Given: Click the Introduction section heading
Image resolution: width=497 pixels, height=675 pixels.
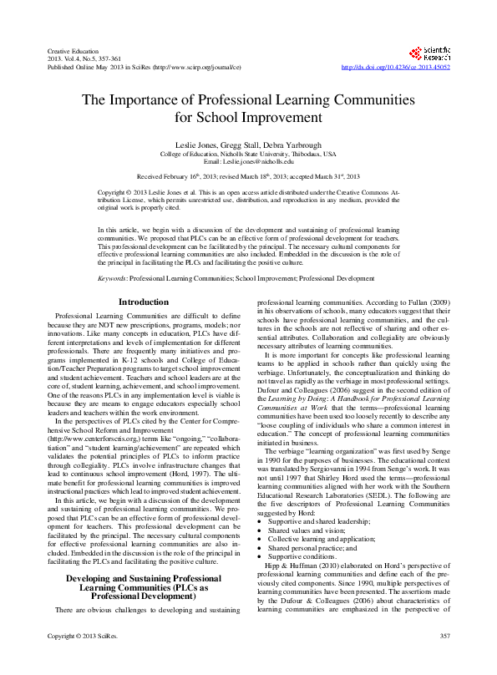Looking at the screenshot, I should (x=143, y=301).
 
